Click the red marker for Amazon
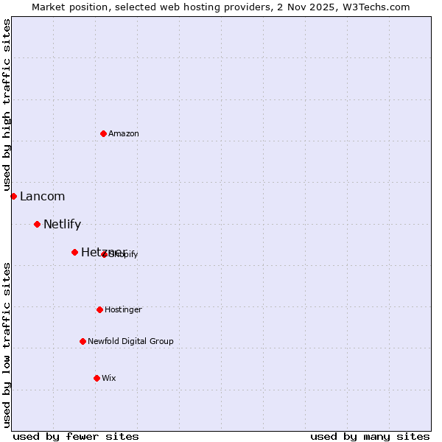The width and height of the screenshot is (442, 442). (x=103, y=133)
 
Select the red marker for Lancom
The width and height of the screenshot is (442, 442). (x=13, y=196)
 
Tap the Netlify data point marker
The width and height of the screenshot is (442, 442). (x=37, y=224)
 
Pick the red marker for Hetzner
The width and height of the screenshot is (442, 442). (x=74, y=252)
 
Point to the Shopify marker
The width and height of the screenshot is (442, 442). (x=104, y=254)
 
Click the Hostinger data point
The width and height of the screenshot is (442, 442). (x=99, y=309)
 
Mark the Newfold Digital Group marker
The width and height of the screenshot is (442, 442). (x=83, y=341)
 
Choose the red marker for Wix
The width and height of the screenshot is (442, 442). (x=97, y=378)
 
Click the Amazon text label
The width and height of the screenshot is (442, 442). (x=124, y=133)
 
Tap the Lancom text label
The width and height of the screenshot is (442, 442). (x=42, y=196)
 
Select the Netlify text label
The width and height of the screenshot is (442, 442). (x=62, y=224)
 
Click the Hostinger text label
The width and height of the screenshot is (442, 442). (x=123, y=309)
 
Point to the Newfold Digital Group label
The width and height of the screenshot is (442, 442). (x=130, y=341)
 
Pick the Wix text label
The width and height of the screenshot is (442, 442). (x=109, y=378)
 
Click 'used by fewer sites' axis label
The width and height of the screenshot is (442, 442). (x=76, y=436)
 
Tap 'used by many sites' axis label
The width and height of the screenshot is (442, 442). (x=370, y=436)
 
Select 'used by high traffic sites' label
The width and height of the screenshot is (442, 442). (x=7, y=105)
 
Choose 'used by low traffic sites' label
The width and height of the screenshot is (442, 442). (x=7, y=344)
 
